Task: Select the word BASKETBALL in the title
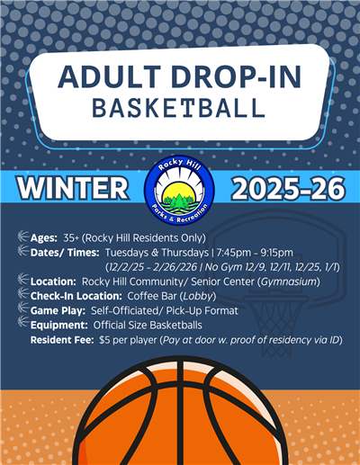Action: pos(180,108)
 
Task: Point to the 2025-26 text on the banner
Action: pos(285,190)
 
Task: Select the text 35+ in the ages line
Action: pos(73,237)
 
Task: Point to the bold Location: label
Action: pos(54,282)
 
